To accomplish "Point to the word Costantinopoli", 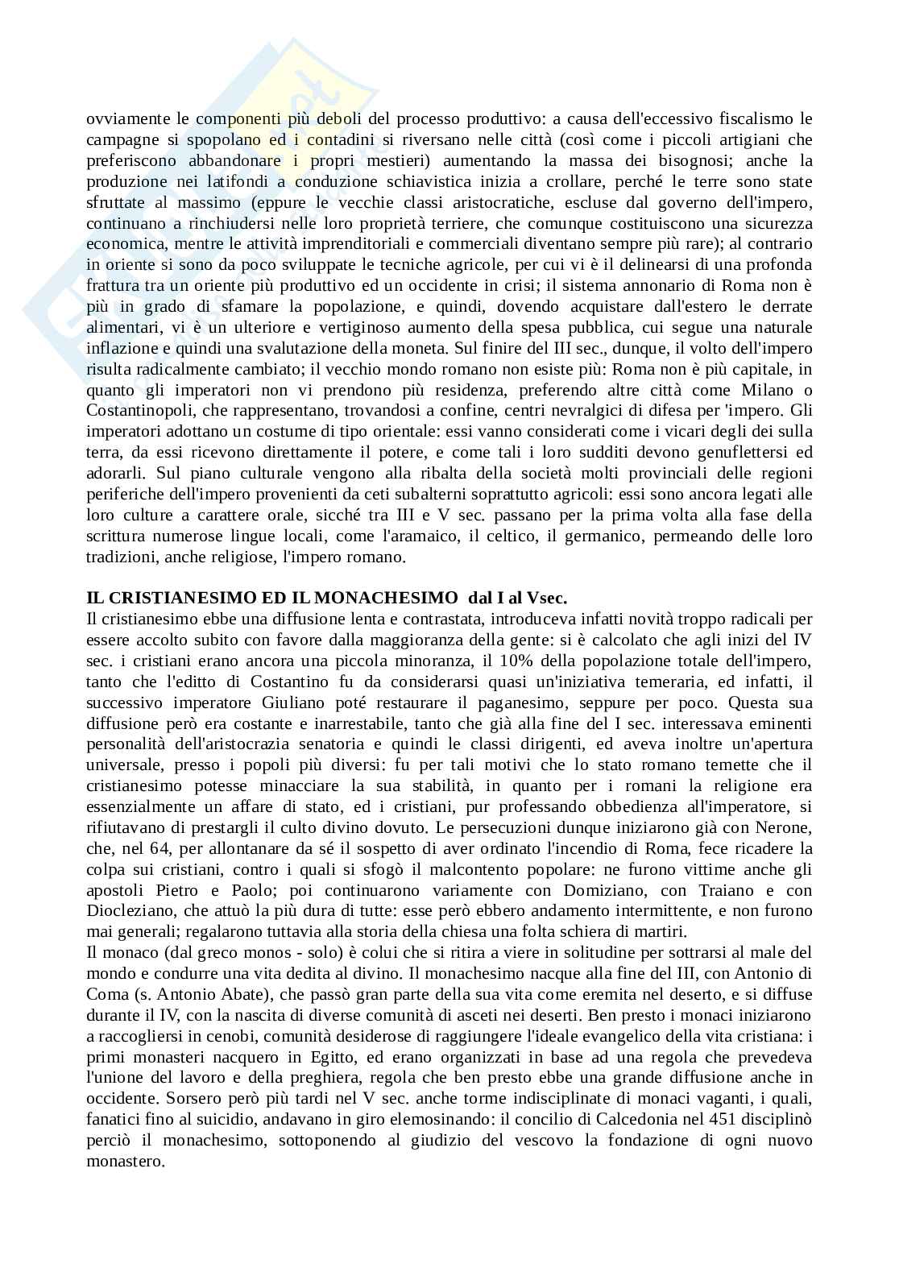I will [134, 411].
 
